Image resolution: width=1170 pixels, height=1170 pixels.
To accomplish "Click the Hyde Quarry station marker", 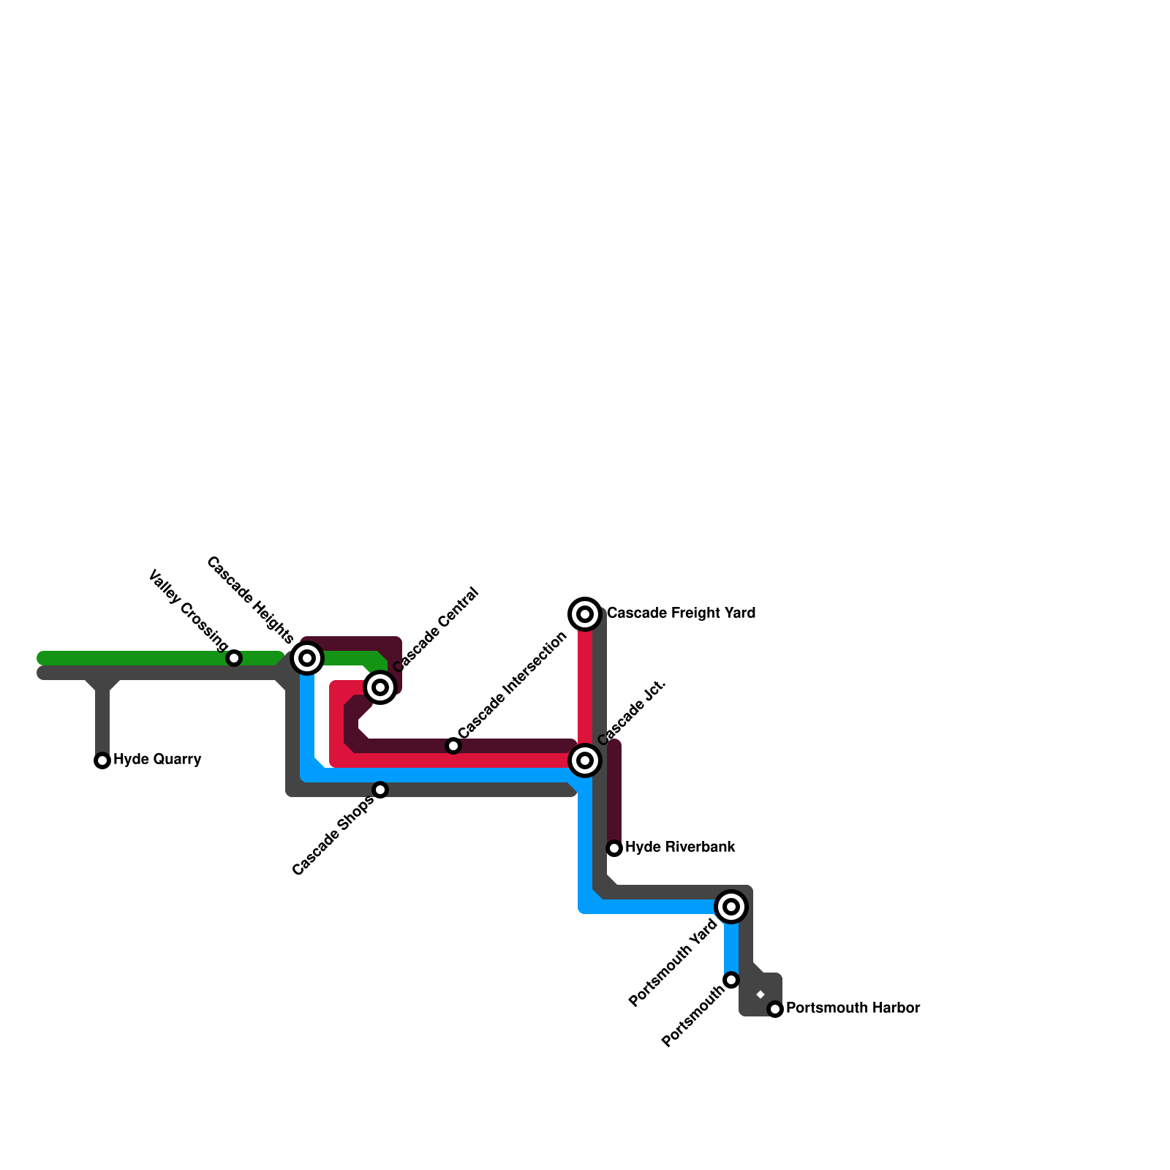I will [x=102, y=760].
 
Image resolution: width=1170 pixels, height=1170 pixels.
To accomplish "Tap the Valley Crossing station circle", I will [x=234, y=658].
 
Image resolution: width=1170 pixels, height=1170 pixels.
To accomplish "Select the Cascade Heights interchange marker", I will [x=308, y=658].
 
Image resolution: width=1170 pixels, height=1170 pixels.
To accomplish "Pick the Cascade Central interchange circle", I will [x=380, y=687].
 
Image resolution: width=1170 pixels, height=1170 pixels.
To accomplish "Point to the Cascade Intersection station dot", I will [x=453, y=746].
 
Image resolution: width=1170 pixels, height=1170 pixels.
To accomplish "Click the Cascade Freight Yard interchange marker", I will [x=585, y=614].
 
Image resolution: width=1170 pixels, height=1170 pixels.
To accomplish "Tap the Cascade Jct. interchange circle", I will [x=585, y=760].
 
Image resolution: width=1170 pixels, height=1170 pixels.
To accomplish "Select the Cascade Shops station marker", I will [x=380, y=790].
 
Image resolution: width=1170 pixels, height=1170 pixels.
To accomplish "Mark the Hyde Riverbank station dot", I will [x=614, y=848].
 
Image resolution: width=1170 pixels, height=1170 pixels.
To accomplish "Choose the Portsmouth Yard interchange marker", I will [x=731, y=907].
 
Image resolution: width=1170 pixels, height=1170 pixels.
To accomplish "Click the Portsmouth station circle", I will [x=731, y=980].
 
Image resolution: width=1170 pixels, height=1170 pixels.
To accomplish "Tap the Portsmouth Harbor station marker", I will [x=775, y=1009].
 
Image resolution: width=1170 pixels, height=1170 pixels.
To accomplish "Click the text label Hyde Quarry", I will [x=157, y=759].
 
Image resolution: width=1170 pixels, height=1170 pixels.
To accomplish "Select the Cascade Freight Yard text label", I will [x=681, y=613].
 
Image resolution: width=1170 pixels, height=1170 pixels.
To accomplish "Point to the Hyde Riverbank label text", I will [x=680, y=847].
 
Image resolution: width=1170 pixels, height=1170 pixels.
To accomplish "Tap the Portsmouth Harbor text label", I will [x=853, y=1008].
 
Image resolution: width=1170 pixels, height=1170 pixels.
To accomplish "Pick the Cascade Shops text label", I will [x=333, y=836].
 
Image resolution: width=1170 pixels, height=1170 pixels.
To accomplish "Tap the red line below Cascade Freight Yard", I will [x=585, y=687].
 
